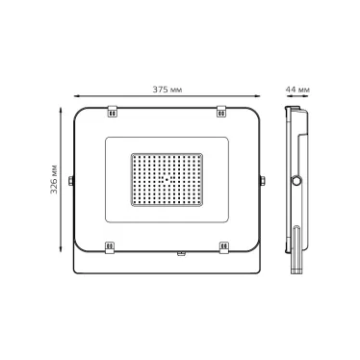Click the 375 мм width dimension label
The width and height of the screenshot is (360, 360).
tap(167, 90)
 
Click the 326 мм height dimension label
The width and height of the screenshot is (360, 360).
tap(54, 179)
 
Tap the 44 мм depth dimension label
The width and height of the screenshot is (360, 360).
tap(297, 90)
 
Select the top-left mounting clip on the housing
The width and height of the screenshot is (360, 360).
tap(112, 111)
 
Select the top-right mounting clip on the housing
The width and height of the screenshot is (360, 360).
tap(221, 111)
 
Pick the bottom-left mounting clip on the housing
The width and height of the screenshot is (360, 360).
tap(110, 247)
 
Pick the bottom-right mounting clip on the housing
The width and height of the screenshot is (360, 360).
tap(224, 247)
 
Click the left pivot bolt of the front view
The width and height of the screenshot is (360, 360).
tap(71, 181)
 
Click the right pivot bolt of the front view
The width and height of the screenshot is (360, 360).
tap(263, 181)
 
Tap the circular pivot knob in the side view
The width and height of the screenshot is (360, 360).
tap(296, 181)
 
